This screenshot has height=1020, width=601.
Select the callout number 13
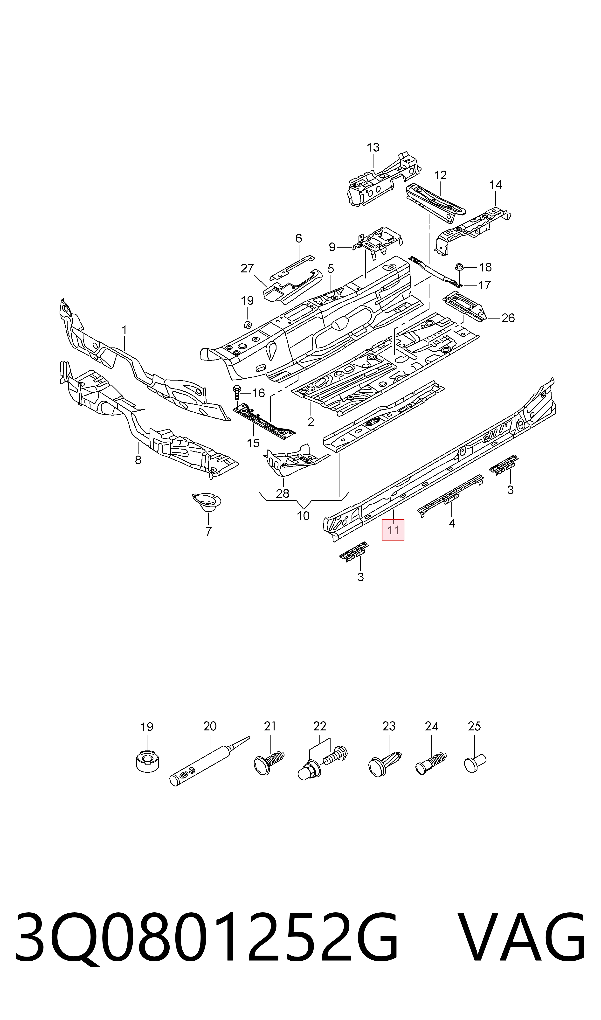[373, 147]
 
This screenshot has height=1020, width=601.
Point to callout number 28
[283, 494]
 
